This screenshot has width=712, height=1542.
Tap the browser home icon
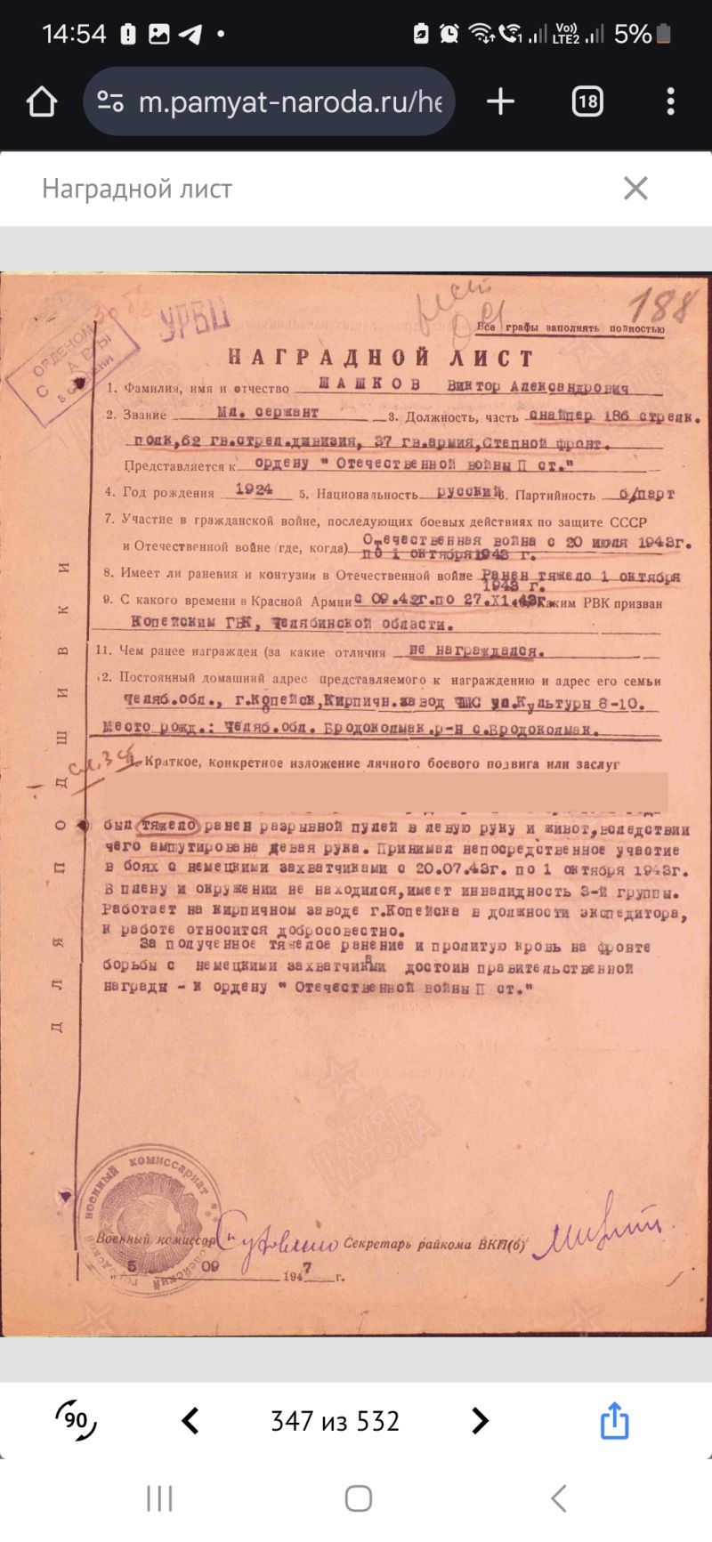coord(42,102)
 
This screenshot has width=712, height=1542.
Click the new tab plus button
coord(500,101)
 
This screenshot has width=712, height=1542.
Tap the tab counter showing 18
coord(587,101)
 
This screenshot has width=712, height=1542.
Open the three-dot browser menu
coord(670,101)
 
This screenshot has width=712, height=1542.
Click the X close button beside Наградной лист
coord(635,189)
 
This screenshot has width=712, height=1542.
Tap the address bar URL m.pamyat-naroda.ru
coord(290,102)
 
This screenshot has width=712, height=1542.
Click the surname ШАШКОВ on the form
coord(368,385)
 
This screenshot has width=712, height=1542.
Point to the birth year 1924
coord(254,489)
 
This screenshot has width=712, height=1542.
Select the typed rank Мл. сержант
coord(267,413)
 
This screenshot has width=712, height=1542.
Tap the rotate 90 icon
coord(76,1419)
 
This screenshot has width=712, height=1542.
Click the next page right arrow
coord(480,1421)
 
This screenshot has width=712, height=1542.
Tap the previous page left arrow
coord(190,1421)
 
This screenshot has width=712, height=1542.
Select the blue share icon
coord(614,1420)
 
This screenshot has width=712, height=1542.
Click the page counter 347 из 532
coord(335,1421)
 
